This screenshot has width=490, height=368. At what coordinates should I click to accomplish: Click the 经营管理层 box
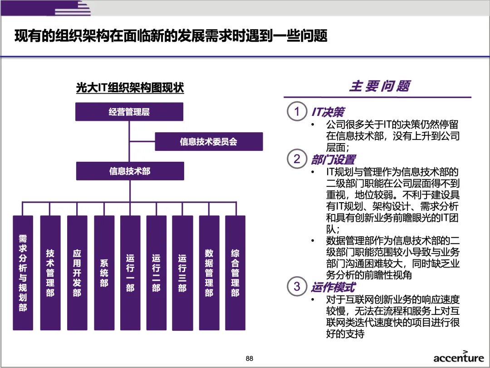coord(129,112)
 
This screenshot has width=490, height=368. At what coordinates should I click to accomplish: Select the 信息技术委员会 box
coord(209,142)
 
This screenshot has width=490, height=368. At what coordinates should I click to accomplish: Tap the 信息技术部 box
coord(130,171)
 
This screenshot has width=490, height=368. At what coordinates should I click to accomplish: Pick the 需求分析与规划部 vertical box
coord(23,273)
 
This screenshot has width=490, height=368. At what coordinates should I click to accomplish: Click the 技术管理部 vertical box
coord(50,273)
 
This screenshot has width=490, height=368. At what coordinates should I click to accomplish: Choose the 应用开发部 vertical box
coord(77,273)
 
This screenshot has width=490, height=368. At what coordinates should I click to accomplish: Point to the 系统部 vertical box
coord(104,273)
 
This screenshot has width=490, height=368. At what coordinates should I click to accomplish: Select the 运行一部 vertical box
coord(130,273)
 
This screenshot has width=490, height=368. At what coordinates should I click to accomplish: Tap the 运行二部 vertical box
coord(156,273)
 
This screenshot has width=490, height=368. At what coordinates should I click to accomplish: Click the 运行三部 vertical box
coord(182,273)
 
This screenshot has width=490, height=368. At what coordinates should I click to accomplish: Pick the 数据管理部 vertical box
coord(209,273)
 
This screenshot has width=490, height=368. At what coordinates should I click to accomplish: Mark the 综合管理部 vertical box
coord(235,273)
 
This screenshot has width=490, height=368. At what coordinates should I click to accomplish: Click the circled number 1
coord(297,112)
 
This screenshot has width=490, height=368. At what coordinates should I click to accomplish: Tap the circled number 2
coord(297,159)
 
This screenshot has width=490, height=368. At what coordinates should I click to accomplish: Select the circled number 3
coord(297,287)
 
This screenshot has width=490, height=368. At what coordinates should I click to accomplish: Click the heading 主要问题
coord(379,86)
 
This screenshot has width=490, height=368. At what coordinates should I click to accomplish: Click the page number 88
coord(249,358)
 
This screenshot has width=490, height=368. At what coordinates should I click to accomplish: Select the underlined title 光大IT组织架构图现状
coord(130,88)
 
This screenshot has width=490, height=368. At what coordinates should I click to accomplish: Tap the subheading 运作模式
coord(333,287)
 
